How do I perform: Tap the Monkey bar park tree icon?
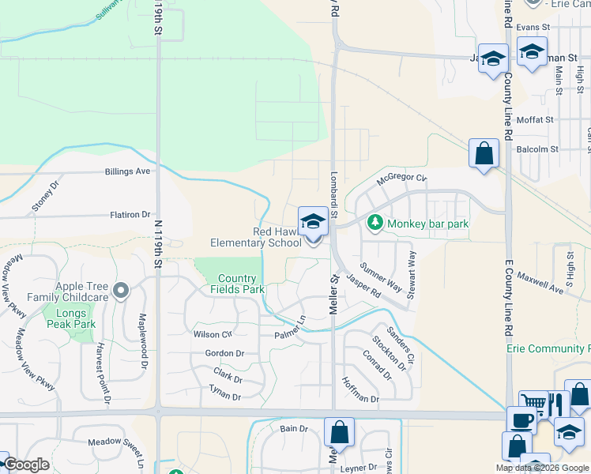coord(377,224)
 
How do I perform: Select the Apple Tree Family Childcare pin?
coord(120,292)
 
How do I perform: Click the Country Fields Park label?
coord(237,284)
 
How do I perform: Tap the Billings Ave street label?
coord(127,171)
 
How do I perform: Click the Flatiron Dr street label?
coord(130,214)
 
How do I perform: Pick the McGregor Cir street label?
coord(401,179)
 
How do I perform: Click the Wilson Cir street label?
coord(213,334)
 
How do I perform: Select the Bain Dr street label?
coord(293,428)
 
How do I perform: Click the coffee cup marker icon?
coord(521,420)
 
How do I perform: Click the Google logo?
coord(26,465)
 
